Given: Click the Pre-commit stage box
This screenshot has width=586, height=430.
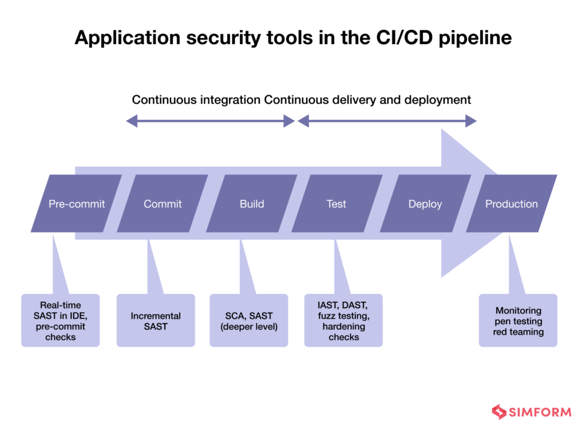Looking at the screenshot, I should point(76,204).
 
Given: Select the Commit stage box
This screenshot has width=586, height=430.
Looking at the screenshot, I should point(163,204).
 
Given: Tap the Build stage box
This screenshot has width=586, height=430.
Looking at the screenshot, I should point(252,204).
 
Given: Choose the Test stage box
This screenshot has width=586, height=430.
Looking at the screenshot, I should point(336,204).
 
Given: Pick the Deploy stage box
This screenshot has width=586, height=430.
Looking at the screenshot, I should point(425,204).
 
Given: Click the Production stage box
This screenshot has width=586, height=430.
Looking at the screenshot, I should point(512,204).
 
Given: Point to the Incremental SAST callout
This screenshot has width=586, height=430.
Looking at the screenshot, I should point(156,321).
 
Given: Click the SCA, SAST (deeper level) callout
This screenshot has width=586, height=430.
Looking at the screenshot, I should point(249,321).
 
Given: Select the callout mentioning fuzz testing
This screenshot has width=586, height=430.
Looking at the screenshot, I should point(343,321).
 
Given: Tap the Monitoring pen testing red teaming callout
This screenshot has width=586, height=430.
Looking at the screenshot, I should point(518,321).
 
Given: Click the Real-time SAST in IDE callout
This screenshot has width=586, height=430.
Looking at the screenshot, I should point(60,321).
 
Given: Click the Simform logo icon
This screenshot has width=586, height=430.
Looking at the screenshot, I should point(499,412).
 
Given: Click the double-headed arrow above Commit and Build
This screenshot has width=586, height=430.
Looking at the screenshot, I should point(210,121).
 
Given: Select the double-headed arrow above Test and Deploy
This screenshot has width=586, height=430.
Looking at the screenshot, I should point(387,121).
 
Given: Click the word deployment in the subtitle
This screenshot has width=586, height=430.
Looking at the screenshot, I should point(438,100).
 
